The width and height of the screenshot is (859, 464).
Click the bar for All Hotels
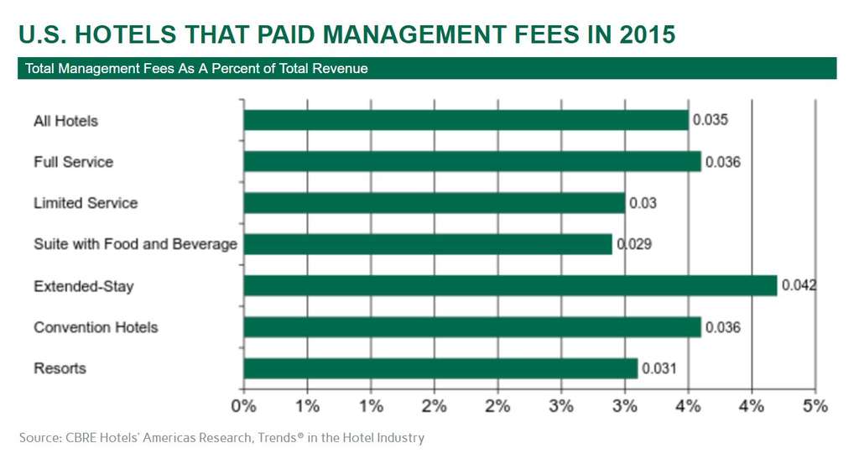pyautogui.click(x=466, y=120)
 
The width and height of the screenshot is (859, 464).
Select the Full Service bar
pyautogui.click(x=471, y=161)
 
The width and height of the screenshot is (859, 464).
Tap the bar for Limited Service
pyautogui.click(x=434, y=203)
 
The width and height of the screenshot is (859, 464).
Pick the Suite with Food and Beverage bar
pyautogui.click(x=428, y=244)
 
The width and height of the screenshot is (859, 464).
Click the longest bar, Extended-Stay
pyautogui.click(x=510, y=286)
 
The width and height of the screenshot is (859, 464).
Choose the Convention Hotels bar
pyautogui.click(x=471, y=327)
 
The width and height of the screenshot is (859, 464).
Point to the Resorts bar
pyautogui.click(x=440, y=368)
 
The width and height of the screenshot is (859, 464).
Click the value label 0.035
pyautogui.click(x=710, y=120)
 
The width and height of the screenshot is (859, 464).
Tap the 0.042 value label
pyautogui.click(x=799, y=286)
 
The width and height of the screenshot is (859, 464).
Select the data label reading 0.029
pyautogui.click(x=634, y=244)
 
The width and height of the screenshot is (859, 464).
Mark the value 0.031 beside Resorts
pyautogui.click(x=659, y=368)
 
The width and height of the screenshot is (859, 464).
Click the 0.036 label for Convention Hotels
pyautogui.click(x=722, y=327)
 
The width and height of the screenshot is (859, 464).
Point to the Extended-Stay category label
pyautogui.click(x=84, y=287)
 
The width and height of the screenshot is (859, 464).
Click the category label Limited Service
pyautogui.click(x=86, y=203)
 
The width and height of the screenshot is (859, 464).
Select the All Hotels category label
pyautogui.click(x=65, y=121)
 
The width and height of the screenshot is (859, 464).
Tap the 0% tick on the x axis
pyautogui.click(x=243, y=406)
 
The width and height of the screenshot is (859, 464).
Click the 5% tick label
pyautogui.click(x=815, y=406)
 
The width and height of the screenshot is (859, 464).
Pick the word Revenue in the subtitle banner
pyautogui.click(x=340, y=68)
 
